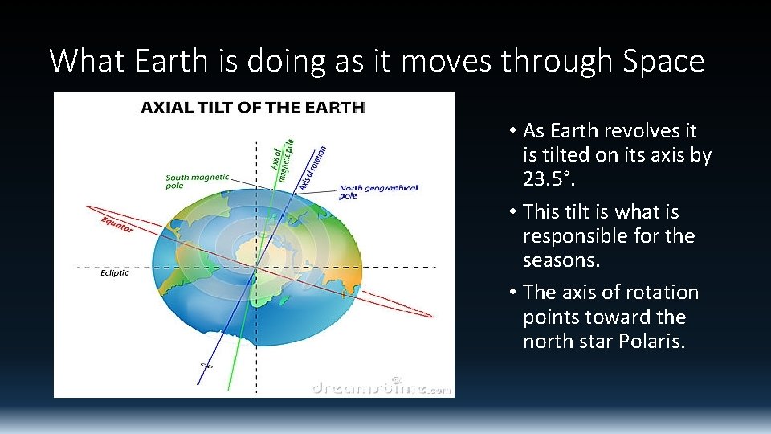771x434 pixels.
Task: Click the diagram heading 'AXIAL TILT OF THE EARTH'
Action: click(x=253, y=107)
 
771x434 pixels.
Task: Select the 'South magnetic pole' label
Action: click(x=197, y=181)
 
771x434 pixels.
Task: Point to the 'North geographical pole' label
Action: click(x=378, y=191)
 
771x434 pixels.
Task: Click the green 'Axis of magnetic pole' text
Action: click(x=284, y=162)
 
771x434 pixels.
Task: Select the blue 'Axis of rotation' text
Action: click(x=313, y=168)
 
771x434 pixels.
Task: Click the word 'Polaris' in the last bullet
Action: click(x=651, y=341)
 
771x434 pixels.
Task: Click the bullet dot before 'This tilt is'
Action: click(x=512, y=212)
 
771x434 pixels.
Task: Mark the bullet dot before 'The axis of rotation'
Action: click(x=512, y=293)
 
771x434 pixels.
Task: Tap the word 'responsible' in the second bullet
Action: click(x=575, y=236)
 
